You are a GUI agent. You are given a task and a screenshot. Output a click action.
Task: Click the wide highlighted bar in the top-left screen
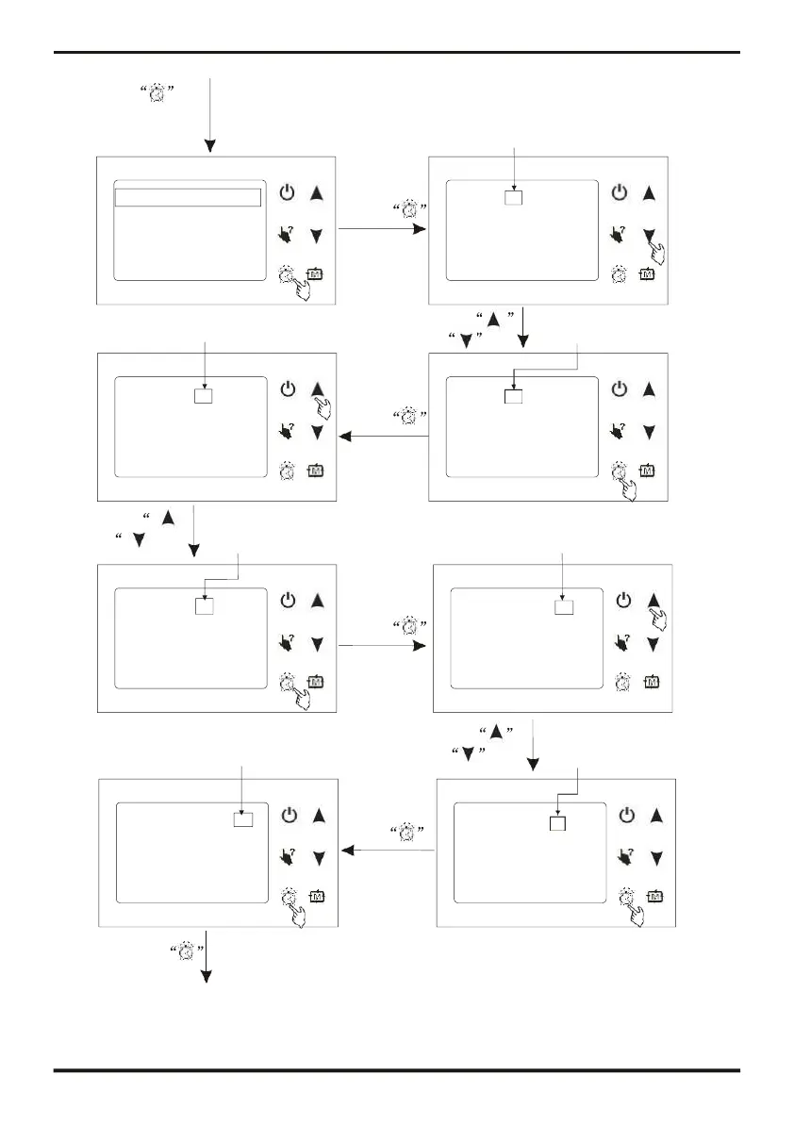tap(188, 197)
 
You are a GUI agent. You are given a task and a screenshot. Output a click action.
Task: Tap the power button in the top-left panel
tap(288, 192)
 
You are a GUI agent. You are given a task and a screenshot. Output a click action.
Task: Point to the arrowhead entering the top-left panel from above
tap(211, 146)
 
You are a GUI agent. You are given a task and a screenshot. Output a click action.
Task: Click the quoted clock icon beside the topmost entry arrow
tap(158, 92)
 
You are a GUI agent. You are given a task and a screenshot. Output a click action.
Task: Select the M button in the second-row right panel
tap(648, 470)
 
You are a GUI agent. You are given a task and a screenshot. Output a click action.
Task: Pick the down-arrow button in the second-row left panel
tap(318, 432)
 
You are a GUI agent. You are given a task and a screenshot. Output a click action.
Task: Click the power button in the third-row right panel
tap(622, 600)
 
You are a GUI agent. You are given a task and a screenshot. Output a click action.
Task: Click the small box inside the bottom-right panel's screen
tap(557, 823)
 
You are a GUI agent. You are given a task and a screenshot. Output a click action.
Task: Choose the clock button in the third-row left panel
tap(288, 682)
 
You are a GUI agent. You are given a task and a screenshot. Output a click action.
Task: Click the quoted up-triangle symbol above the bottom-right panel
tap(495, 732)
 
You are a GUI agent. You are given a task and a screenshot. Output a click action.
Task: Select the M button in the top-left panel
tap(315, 274)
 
